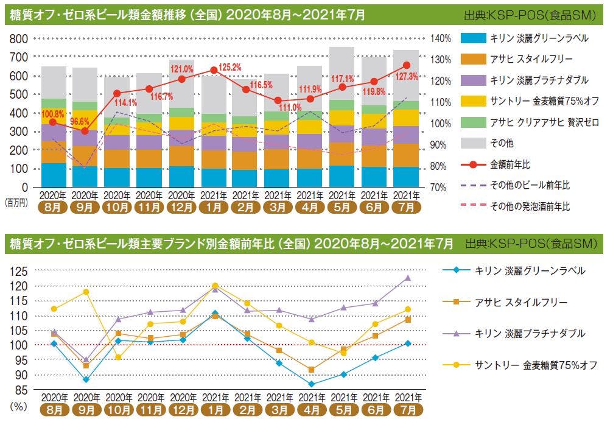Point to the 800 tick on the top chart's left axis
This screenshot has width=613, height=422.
(19, 38)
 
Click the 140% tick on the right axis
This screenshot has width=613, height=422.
(441, 38)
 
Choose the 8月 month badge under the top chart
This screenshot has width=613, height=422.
(54, 206)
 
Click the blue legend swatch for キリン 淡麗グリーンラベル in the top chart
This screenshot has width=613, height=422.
(472, 38)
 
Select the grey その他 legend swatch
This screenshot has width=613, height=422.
(472, 144)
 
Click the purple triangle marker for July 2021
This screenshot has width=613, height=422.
(407, 278)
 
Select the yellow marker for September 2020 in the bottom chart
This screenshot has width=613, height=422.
(86, 292)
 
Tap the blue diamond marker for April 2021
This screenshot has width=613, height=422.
(311, 384)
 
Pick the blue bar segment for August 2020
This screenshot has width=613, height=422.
(54, 175)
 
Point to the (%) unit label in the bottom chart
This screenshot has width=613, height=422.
(16, 406)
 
